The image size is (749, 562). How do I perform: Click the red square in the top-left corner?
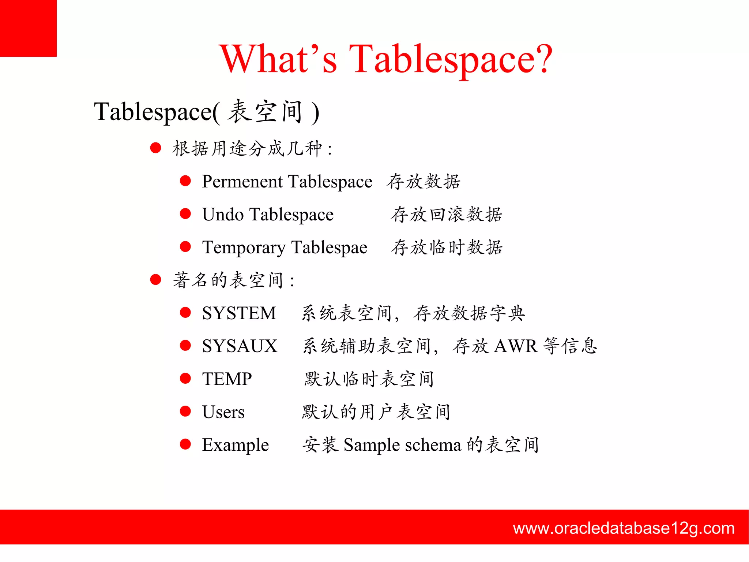tap(28, 28)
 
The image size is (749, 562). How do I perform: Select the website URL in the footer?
tap(624, 528)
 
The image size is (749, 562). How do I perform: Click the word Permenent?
tap(242, 182)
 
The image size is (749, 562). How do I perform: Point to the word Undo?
tap(223, 215)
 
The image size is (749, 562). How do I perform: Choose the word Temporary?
tap(244, 248)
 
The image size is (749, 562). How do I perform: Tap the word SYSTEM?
tap(239, 313)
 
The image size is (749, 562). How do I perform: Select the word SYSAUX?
tap(240, 346)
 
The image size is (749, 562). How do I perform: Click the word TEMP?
tap(227, 379)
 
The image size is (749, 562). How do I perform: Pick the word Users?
tap(223, 412)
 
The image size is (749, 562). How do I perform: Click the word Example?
tap(235, 445)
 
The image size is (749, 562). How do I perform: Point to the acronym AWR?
tap(516, 346)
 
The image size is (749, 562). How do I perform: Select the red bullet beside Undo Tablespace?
tap(185, 214)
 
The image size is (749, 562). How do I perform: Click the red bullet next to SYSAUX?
tap(185, 345)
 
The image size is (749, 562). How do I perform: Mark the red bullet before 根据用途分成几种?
tap(156, 148)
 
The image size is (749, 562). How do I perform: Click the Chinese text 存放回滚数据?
tap(447, 215)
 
